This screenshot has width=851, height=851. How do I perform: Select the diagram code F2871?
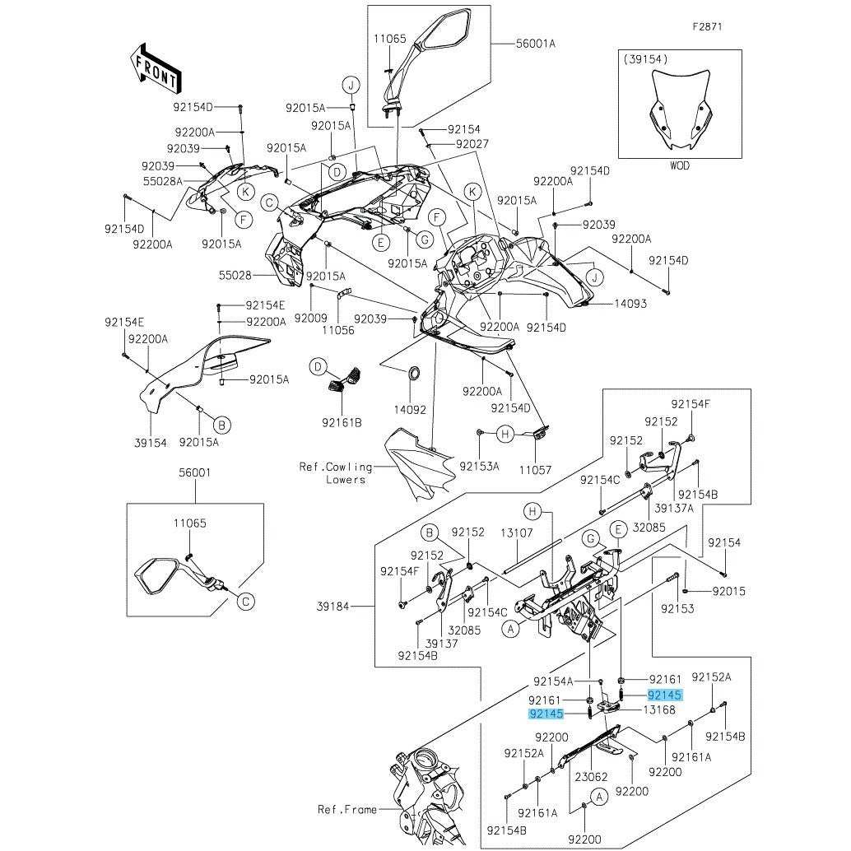pos(706,26)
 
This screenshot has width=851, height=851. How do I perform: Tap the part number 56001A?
pos(536,44)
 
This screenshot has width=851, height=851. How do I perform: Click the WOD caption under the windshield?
pos(679,165)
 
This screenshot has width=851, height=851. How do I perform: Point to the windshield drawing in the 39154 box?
pos(680,111)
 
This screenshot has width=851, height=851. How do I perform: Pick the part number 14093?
pos(630,304)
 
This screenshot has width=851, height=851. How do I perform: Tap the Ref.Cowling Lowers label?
pos(336,472)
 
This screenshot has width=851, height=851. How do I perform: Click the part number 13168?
pos(659,709)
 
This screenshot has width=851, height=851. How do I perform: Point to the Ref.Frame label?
pos(346,809)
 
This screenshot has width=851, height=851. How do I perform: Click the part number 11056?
pos(337,329)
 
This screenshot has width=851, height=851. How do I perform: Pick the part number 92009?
pos(310,317)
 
